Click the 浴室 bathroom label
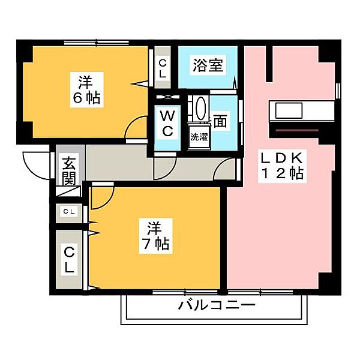(x=208, y=65)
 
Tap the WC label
(x=167, y=123)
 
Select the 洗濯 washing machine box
(x=199, y=137)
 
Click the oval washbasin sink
(x=200, y=109)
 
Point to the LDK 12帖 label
(x=282, y=166)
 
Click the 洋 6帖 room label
(x=86, y=90)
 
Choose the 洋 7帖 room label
(x=155, y=236)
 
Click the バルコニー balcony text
(x=217, y=305)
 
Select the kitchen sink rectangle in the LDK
(x=289, y=110)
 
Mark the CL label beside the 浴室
(x=163, y=68)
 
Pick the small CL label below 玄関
(x=69, y=212)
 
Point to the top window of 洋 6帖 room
(x=96, y=43)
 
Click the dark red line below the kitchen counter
(x=297, y=130)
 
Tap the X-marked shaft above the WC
(x=168, y=97)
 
